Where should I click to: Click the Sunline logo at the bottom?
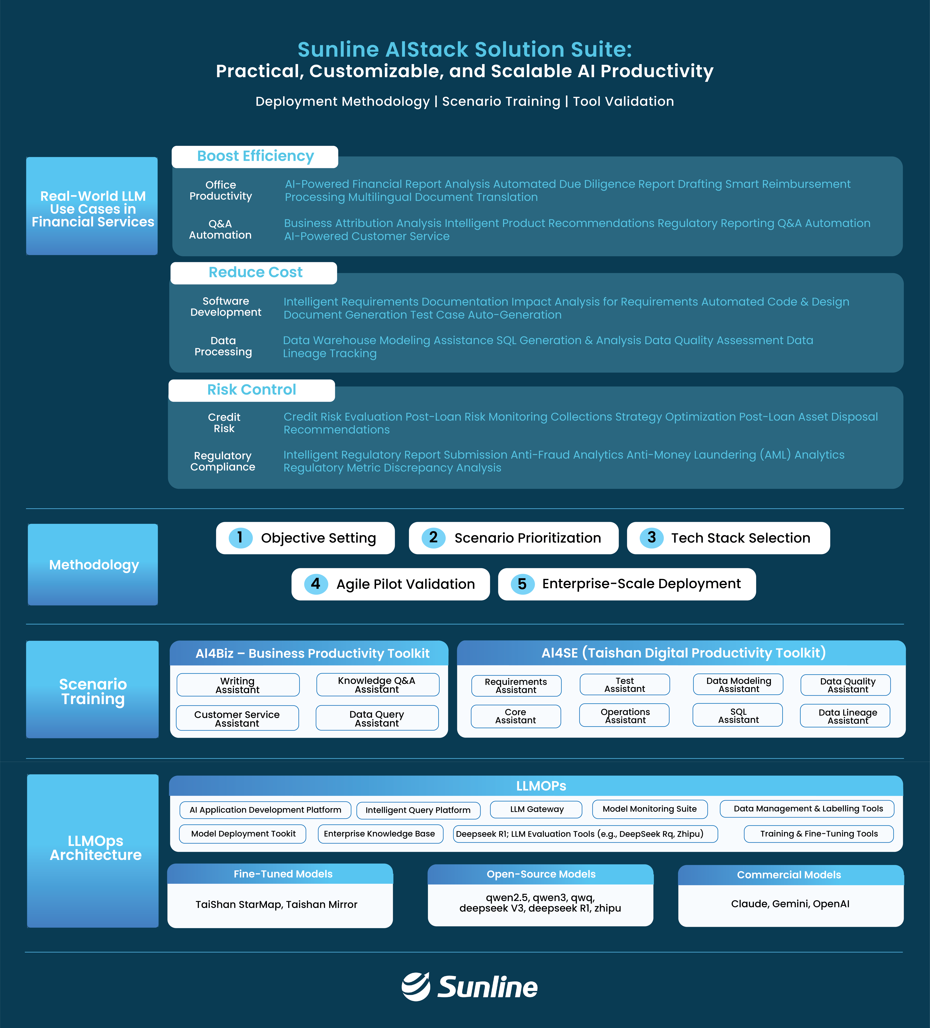pos(469,987)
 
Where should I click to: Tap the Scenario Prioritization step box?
pos(514,538)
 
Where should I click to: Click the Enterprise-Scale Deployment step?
pos(627,584)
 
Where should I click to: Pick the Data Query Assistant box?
pos(377,718)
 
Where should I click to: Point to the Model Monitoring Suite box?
pos(650,809)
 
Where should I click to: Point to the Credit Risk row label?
pos(224,423)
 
